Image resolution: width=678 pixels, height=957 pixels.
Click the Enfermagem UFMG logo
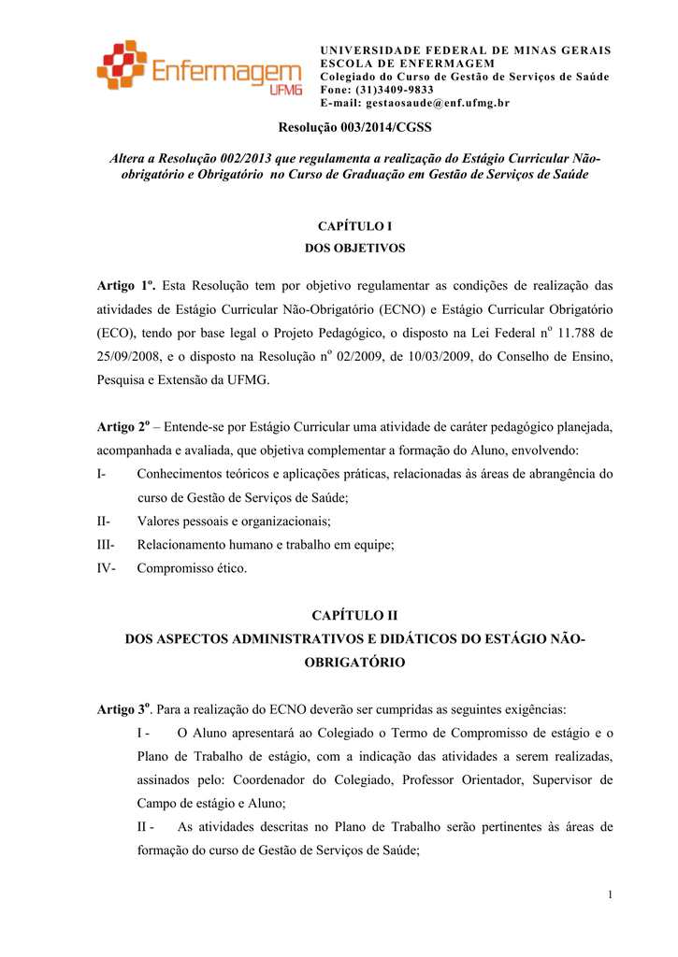point(198,70)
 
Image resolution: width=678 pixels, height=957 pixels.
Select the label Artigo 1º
point(125,284)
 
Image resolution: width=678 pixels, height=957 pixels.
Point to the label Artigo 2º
point(123,427)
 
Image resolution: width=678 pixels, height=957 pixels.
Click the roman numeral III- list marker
point(106,544)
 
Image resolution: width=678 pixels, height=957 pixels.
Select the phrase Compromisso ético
point(192,568)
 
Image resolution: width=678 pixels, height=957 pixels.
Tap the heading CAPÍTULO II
point(354,616)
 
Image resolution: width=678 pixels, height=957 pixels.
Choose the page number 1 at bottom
point(610,896)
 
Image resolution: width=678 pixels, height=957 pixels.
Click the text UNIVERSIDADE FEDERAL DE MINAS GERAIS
point(466,50)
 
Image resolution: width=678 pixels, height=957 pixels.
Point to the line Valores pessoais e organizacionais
point(234,521)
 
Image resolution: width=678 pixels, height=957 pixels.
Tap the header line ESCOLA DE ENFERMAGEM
point(407,63)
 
